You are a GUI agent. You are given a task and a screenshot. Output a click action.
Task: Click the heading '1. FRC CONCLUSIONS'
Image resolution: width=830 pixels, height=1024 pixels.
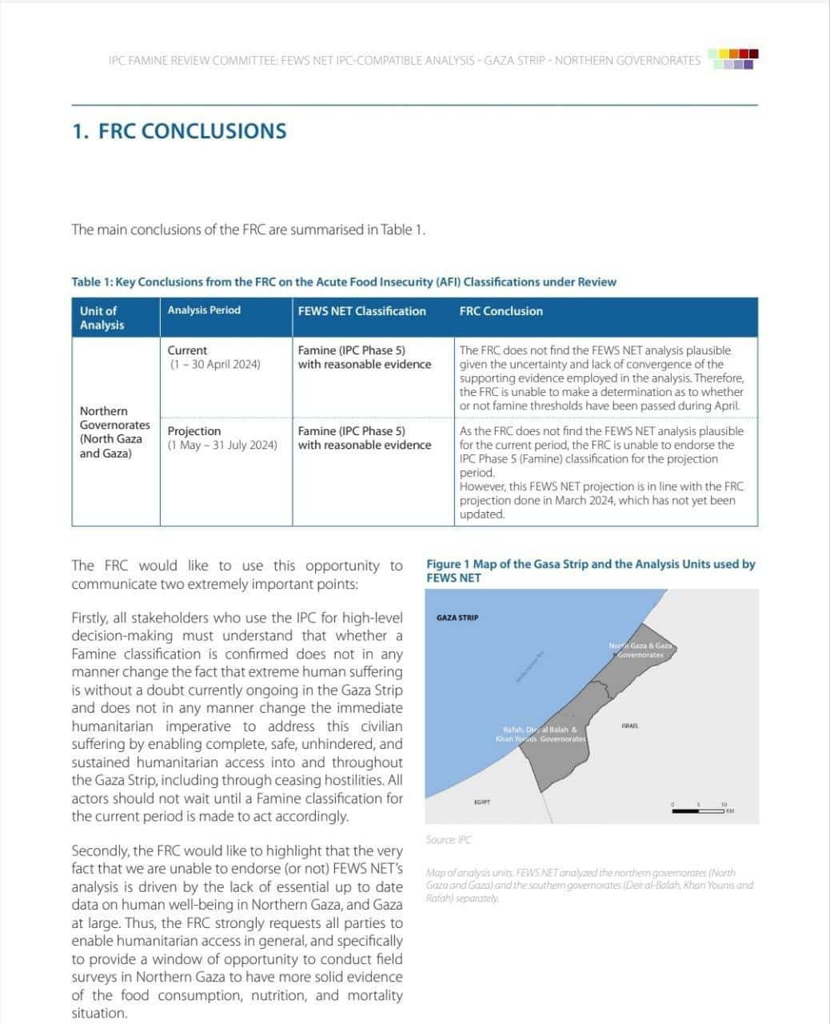pos(179,131)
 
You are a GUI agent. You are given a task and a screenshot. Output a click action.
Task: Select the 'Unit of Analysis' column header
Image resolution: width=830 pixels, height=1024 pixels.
pos(102,318)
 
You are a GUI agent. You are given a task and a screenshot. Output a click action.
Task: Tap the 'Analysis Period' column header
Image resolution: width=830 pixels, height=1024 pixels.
pos(204,310)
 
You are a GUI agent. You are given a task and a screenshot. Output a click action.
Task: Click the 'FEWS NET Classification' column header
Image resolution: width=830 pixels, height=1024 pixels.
pos(361,311)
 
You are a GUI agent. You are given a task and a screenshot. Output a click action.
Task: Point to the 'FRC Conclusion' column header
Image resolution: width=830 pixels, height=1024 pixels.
pos(501,311)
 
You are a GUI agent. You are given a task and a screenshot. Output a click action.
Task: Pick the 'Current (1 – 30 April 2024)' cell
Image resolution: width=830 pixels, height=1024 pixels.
pos(213,357)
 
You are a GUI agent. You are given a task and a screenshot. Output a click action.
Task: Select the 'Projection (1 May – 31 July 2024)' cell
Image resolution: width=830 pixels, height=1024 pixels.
pos(222,438)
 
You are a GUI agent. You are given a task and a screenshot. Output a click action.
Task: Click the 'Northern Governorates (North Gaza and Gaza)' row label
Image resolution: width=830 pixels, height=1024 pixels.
pos(114,432)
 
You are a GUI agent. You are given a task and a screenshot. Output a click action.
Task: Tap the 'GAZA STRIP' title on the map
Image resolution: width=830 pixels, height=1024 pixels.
pos(457,618)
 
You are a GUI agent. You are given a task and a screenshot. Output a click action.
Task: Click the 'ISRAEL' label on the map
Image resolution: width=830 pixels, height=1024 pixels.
pos(629,726)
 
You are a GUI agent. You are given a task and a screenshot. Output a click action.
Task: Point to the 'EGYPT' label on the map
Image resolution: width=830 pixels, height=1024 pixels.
pos(481,801)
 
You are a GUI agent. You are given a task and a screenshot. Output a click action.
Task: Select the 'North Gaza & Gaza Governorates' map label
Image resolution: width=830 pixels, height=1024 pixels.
pos(640,650)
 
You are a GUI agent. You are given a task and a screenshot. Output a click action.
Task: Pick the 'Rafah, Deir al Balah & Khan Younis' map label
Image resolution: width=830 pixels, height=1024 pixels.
pos(541,734)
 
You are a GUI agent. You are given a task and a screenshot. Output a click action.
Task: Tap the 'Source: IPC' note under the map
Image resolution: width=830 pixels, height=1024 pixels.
pos(449,839)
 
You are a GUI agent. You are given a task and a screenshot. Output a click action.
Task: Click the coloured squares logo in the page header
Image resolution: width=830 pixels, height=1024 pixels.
pos(734,59)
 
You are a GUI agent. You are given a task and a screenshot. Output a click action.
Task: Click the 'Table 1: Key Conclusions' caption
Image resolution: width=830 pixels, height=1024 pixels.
pos(344,282)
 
